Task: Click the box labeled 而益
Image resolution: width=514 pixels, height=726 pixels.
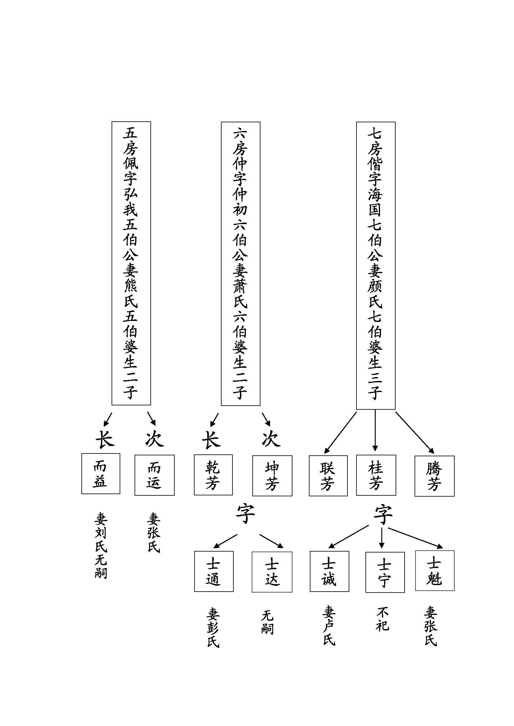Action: coord(101,473)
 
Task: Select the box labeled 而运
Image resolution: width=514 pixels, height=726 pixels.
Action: coord(154,475)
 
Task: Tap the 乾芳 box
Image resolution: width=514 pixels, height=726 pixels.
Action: coord(213,475)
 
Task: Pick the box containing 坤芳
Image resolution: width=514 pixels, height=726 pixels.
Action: coord(272,476)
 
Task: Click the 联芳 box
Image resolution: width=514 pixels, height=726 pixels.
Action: coord(328,476)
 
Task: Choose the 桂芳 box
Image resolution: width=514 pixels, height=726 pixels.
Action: coord(376,475)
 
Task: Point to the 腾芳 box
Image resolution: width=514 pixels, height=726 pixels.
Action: coord(434,476)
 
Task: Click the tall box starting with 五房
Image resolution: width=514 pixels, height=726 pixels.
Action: coord(131,263)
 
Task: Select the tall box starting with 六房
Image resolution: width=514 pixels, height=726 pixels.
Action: coord(240,264)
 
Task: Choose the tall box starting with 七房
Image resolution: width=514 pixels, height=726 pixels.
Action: coord(376,265)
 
